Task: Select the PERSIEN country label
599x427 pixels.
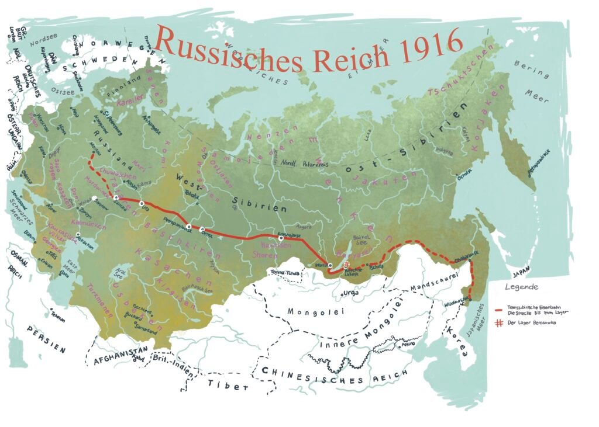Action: (46, 339)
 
